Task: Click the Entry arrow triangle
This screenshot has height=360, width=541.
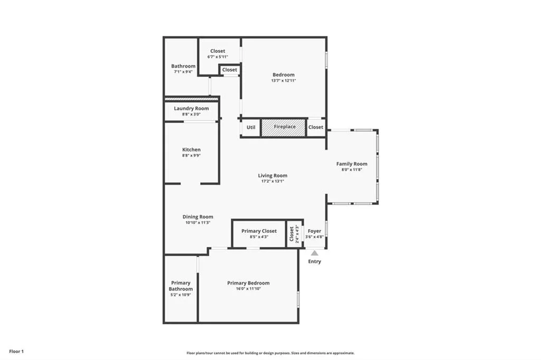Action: (314, 253)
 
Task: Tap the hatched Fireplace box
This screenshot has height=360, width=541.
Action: (284, 127)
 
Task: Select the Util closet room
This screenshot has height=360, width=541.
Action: (251, 127)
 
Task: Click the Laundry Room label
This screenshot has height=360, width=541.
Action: (191, 108)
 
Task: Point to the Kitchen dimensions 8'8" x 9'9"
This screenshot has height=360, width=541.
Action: (191, 156)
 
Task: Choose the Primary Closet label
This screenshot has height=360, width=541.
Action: (259, 231)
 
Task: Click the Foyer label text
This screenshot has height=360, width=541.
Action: (314, 231)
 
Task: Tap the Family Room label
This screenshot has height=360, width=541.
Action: (352, 164)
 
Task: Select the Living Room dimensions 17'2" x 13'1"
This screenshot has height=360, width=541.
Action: (273, 181)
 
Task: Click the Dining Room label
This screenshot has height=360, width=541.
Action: (198, 216)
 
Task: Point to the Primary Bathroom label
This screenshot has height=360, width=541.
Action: (181, 286)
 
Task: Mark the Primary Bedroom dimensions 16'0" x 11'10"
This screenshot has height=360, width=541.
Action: (248, 289)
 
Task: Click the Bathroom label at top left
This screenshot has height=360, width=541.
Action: (183, 66)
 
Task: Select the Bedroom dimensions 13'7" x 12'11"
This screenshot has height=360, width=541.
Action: (284, 81)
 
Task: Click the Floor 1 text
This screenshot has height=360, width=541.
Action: (16, 351)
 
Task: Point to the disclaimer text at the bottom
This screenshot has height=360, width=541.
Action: (270, 353)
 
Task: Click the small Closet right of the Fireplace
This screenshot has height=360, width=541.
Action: (316, 127)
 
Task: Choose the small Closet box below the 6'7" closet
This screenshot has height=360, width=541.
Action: (230, 70)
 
